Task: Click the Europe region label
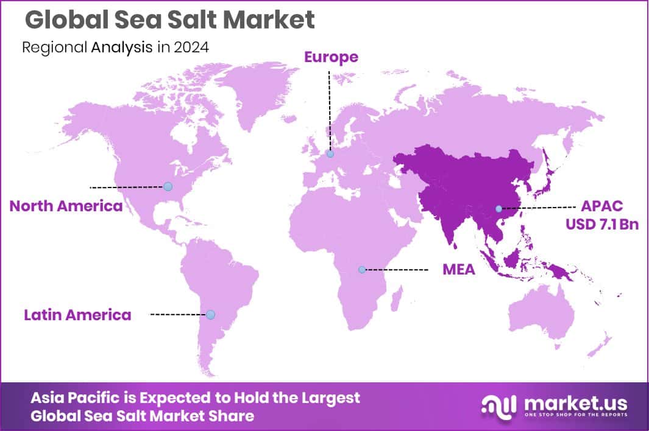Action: [331, 57]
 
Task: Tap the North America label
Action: [66, 206]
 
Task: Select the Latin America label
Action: [77, 315]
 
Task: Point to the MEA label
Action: [458, 269]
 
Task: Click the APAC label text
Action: [601, 206]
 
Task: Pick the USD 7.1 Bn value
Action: [601, 225]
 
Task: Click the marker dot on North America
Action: [168, 186]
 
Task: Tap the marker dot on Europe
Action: [330, 154]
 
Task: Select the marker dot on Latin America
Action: [210, 315]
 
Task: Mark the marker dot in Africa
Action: [362, 269]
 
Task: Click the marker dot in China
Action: [498, 208]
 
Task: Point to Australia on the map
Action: [541, 314]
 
